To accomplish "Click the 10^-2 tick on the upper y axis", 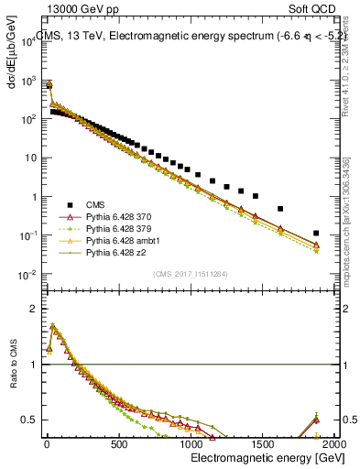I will pyautogui.click(x=26, y=275).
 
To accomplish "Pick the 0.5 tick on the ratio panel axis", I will pyautogui.click(x=28, y=420).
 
